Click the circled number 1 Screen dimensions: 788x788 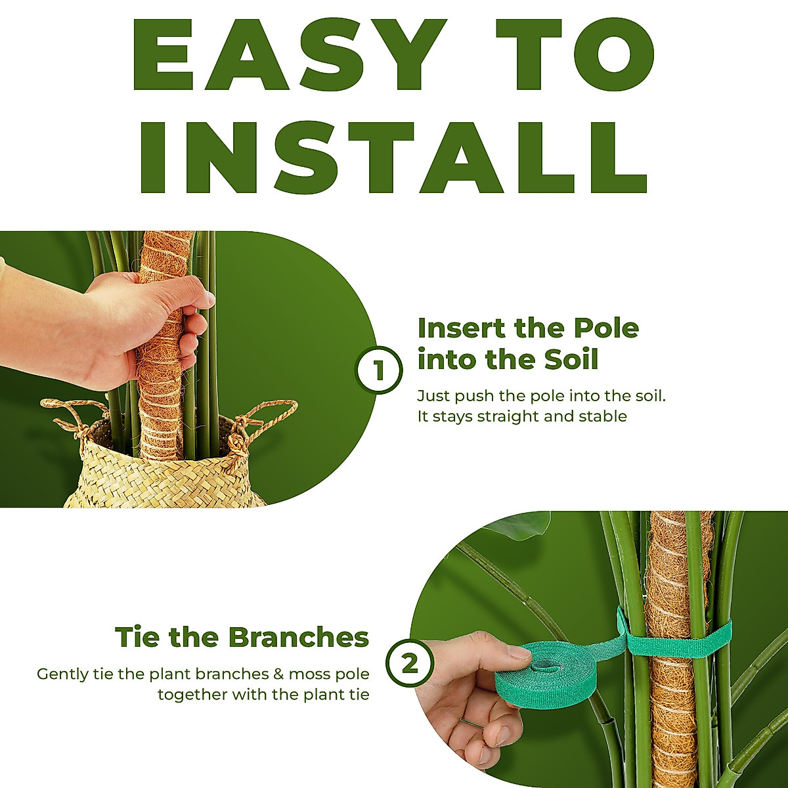(x=379, y=371)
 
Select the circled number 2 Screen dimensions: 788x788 (x=409, y=665)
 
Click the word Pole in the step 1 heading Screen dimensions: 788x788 (x=607, y=328)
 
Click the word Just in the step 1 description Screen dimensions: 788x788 (x=433, y=397)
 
